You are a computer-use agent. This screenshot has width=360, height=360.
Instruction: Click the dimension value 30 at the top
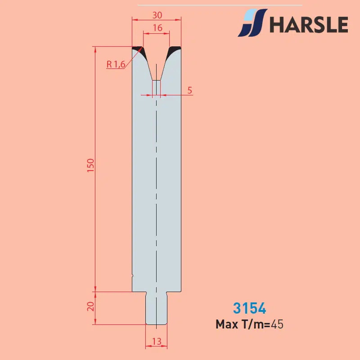[157, 15]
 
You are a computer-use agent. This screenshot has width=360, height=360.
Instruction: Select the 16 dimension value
[157, 28]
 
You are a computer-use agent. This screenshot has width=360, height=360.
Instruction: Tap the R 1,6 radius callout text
[116, 64]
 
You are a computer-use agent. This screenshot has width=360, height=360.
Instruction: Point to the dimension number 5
[189, 90]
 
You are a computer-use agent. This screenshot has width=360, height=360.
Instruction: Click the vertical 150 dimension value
[91, 165]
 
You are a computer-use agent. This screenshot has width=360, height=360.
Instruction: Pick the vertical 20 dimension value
[91, 306]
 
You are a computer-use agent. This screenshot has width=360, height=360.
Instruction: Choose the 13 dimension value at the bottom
[157, 342]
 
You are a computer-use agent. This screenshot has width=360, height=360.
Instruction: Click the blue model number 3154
[250, 308]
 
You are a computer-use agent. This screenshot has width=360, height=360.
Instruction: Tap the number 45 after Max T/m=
[277, 324]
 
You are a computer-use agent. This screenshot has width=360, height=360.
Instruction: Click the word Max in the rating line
[227, 324]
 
